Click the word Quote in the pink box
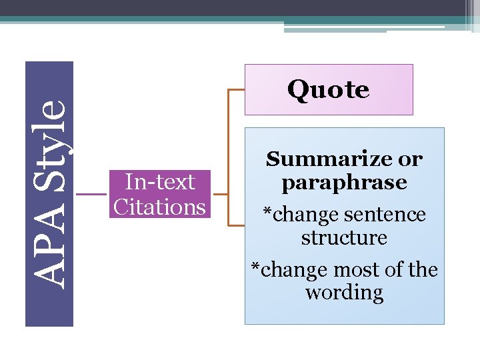pos(328,90)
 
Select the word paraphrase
pos(344,183)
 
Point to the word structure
pos(344,237)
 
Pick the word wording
pos(344,293)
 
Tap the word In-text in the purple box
pos(160,182)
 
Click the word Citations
pos(160,207)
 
